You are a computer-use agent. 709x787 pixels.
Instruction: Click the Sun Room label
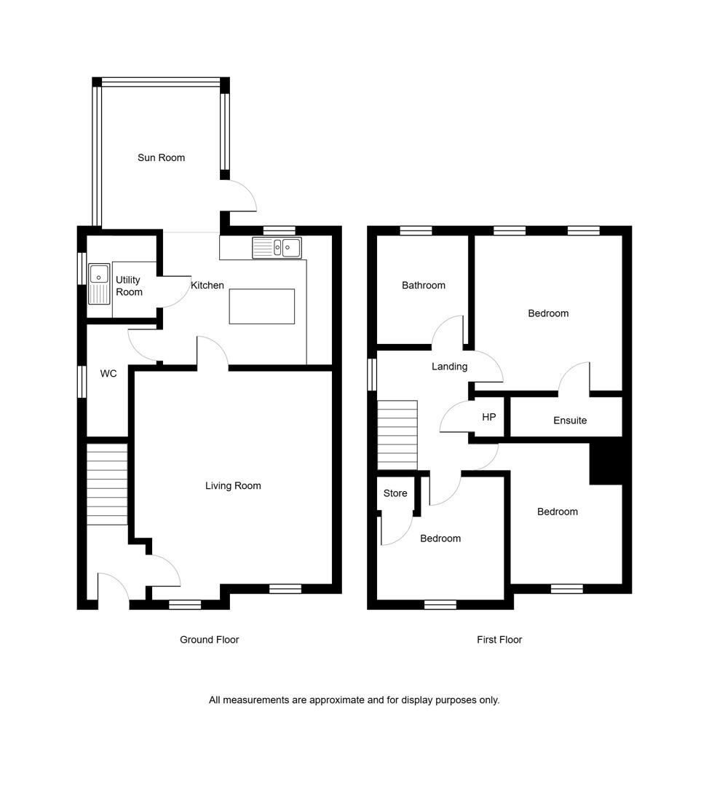(x=161, y=157)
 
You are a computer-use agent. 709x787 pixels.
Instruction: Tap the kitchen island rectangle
(x=262, y=306)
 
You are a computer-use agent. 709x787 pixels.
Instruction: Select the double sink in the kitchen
(x=277, y=248)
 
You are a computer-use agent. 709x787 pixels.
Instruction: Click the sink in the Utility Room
(x=99, y=284)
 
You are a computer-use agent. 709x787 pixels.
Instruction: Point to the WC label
(x=108, y=373)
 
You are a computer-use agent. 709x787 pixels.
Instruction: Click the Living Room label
(x=233, y=486)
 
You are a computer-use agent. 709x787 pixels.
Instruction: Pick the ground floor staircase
(x=107, y=484)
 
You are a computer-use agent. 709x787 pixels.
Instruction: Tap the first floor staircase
(x=397, y=435)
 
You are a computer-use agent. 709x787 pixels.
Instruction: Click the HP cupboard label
(x=489, y=417)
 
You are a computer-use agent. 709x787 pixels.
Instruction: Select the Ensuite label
(x=570, y=420)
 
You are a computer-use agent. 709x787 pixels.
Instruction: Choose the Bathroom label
(x=424, y=286)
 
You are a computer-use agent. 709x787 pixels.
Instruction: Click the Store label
(x=395, y=493)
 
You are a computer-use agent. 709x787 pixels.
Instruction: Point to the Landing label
(x=449, y=367)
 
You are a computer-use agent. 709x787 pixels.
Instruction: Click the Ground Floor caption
(x=210, y=640)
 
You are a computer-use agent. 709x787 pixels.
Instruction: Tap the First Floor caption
(x=499, y=640)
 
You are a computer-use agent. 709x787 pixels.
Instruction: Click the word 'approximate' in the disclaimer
(x=337, y=700)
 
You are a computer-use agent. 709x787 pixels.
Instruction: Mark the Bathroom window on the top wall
(x=416, y=231)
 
